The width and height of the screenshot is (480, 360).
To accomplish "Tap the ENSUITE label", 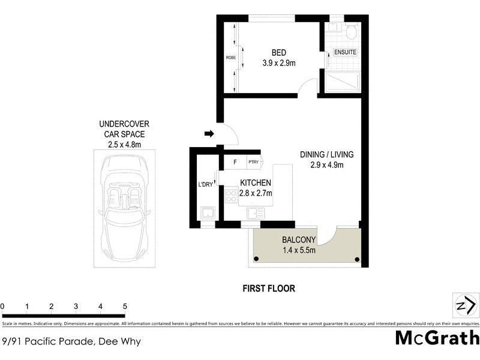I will click(345, 52).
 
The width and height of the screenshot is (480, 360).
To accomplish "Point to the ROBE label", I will click(230, 58).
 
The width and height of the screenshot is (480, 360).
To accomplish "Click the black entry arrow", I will click(209, 134).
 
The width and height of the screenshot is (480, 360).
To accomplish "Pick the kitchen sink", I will click(256, 212).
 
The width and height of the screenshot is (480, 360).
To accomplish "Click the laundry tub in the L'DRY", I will click(208, 213).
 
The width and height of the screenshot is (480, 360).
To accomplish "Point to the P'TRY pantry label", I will click(251, 162).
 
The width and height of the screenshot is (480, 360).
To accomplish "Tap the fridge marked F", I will click(235, 162).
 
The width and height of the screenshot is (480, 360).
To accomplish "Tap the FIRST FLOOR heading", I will click(269, 289).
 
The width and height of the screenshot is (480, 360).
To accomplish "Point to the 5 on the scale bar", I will click(125, 307).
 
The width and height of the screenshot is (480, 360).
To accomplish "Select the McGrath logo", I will click(437, 338).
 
